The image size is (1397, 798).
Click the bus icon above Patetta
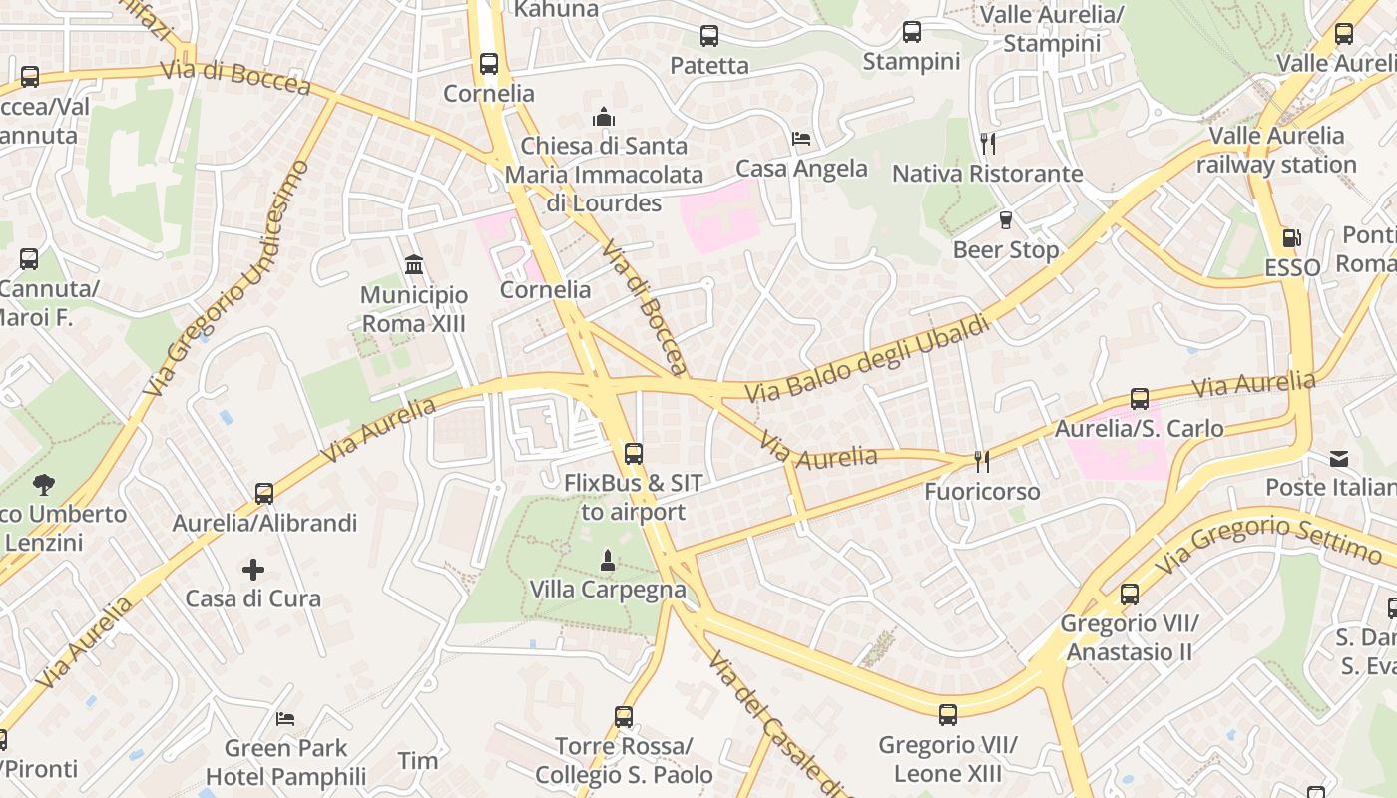pyautogui.click(x=709, y=36)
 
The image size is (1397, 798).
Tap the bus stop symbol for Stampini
pyautogui.click(x=912, y=32)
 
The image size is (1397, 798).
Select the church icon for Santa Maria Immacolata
pyautogui.click(x=604, y=117)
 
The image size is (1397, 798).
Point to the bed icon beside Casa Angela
pyautogui.click(x=801, y=139)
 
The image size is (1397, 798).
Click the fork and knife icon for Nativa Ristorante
pyautogui.click(x=988, y=143)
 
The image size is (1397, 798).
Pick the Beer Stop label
pyautogui.click(x=1006, y=250)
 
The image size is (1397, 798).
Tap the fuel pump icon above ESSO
pyautogui.click(x=1292, y=238)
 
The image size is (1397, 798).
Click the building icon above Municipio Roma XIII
pyautogui.click(x=414, y=265)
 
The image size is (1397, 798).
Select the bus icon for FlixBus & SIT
pyautogui.click(x=634, y=454)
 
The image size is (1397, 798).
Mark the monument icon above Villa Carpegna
pyautogui.click(x=607, y=561)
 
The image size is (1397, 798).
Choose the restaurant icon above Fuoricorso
pyautogui.click(x=982, y=461)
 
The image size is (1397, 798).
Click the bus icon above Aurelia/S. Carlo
pyautogui.click(x=1140, y=399)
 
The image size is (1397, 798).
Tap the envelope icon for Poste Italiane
pyautogui.click(x=1339, y=459)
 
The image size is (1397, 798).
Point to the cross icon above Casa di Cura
pyautogui.click(x=253, y=570)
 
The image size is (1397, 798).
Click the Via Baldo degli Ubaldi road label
pyautogui.click(x=867, y=358)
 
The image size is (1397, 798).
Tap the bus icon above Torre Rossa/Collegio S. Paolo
pyautogui.click(x=624, y=716)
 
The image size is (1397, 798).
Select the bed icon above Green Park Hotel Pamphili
pyautogui.click(x=285, y=718)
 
